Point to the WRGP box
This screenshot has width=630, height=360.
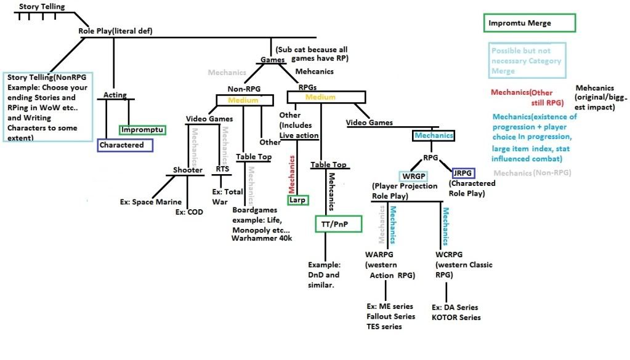click(413, 176)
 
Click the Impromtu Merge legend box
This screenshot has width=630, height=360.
click(528, 23)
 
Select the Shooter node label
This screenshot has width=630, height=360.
click(187, 170)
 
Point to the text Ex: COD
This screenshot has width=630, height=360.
click(189, 212)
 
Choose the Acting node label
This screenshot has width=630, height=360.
click(115, 95)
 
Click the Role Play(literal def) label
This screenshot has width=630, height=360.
click(115, 31)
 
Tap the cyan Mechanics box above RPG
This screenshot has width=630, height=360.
click(434, 135)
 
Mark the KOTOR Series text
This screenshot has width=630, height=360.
click(456, 317)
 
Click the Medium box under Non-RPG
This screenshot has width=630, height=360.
click(243, 100)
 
